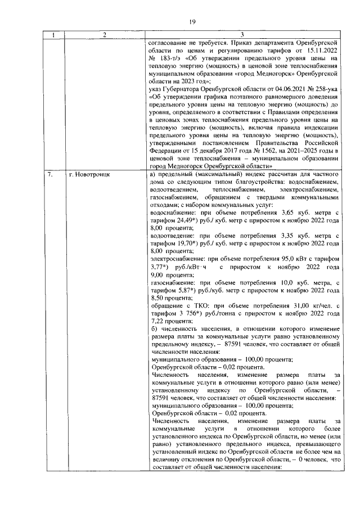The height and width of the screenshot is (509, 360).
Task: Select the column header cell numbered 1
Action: point(53,35)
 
